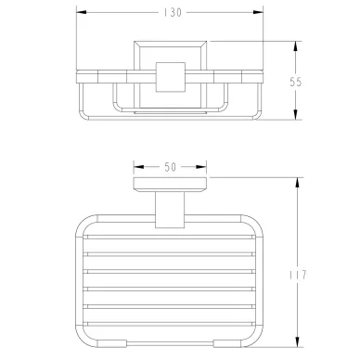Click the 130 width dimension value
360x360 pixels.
173,12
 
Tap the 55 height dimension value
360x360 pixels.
295,82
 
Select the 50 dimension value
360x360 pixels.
170,167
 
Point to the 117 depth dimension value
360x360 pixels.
298,275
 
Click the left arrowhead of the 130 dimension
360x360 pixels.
81,12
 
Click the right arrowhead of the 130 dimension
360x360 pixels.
258,12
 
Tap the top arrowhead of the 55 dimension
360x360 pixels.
296,46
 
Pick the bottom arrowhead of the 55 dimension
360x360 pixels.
296,114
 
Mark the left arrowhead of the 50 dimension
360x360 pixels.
138,167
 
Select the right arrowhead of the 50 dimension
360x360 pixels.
201,167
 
